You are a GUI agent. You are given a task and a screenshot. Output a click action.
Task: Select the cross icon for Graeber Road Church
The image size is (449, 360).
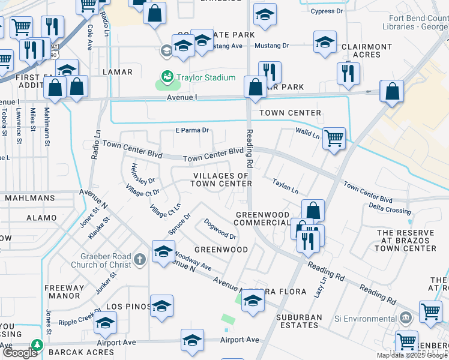coord(139,259)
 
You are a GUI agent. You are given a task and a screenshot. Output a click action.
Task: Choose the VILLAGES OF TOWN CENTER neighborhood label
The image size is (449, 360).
coord(220,179)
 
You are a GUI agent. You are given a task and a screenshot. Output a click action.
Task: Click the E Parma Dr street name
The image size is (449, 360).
coord(191,130)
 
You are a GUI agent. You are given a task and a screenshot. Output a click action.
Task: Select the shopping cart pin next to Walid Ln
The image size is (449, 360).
coord(334,139)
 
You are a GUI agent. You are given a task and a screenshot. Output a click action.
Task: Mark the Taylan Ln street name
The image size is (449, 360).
coord(285,185)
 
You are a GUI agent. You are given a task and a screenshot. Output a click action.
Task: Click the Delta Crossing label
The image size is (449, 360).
coord(390,208)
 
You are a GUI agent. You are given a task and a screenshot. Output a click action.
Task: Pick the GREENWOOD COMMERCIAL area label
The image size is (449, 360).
coord(263,218)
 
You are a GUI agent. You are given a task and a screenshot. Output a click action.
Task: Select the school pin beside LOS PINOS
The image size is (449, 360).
coord(161,307)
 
